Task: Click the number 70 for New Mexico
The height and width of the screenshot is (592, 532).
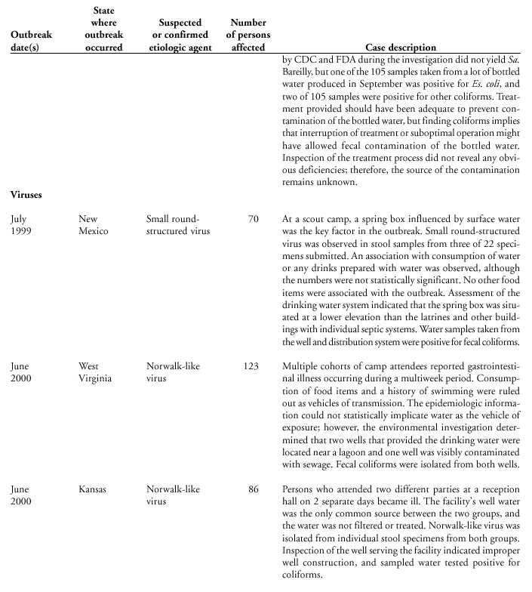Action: [x=253, y=219]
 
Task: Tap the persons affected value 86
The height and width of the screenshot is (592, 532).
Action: [x=253, y=489]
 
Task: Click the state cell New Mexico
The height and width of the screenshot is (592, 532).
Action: [x=96, y=225]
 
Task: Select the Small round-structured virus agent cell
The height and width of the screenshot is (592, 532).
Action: [x=178, y=225]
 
